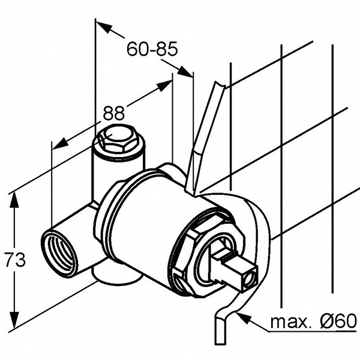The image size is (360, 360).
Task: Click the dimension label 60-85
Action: tap(152, 49)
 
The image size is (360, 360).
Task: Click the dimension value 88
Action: tap(113, 113)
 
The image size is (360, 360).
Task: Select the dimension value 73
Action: tap(15, 259)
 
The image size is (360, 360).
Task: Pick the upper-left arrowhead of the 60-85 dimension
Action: tap(104, 27)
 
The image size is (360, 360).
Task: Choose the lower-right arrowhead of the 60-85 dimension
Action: tap(185, 71)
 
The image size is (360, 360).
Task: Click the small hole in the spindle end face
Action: tap(248, 280)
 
